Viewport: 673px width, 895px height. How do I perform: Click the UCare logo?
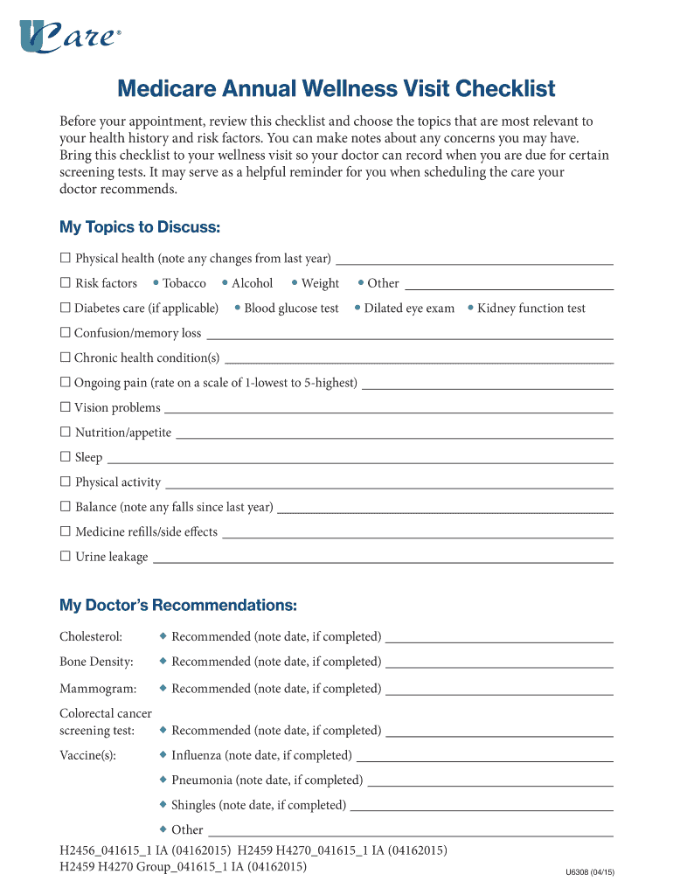(70, 37)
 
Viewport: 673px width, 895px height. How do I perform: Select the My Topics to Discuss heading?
(139, 227)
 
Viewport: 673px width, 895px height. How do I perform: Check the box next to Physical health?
(65, 258)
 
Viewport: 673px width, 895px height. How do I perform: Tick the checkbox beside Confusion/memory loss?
(65, 333)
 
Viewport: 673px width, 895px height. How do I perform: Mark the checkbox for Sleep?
(65, 457)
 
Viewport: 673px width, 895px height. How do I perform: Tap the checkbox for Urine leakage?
(65, 557)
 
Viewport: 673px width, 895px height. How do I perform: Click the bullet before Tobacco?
(155, 283)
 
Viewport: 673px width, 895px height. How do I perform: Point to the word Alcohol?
(252, 283)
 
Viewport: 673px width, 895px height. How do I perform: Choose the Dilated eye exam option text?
(409, 309)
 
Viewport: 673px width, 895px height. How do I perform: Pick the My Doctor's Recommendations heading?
(178, 606)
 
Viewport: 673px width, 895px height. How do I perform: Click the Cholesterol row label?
(91, 636)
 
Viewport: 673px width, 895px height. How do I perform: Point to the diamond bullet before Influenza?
(163, 754)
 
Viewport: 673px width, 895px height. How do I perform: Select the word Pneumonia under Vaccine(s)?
(202, 780)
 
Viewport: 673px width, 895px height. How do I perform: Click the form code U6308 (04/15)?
(590, 871)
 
